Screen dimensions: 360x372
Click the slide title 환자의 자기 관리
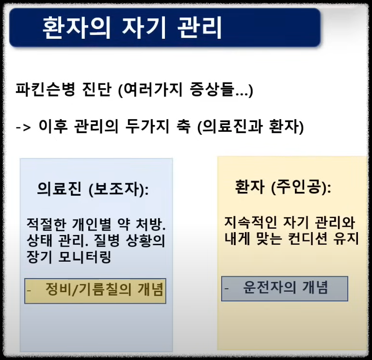click(x=132, y=28)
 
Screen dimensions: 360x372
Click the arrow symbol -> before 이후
click(x=23, y=128)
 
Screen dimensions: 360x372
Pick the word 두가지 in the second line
click(x=156, y=127)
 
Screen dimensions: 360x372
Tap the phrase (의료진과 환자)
click(x=252, y=127)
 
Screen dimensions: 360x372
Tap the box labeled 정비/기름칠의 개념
click(x=95, y=290)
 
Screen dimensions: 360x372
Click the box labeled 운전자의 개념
click(x=285, y=288)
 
